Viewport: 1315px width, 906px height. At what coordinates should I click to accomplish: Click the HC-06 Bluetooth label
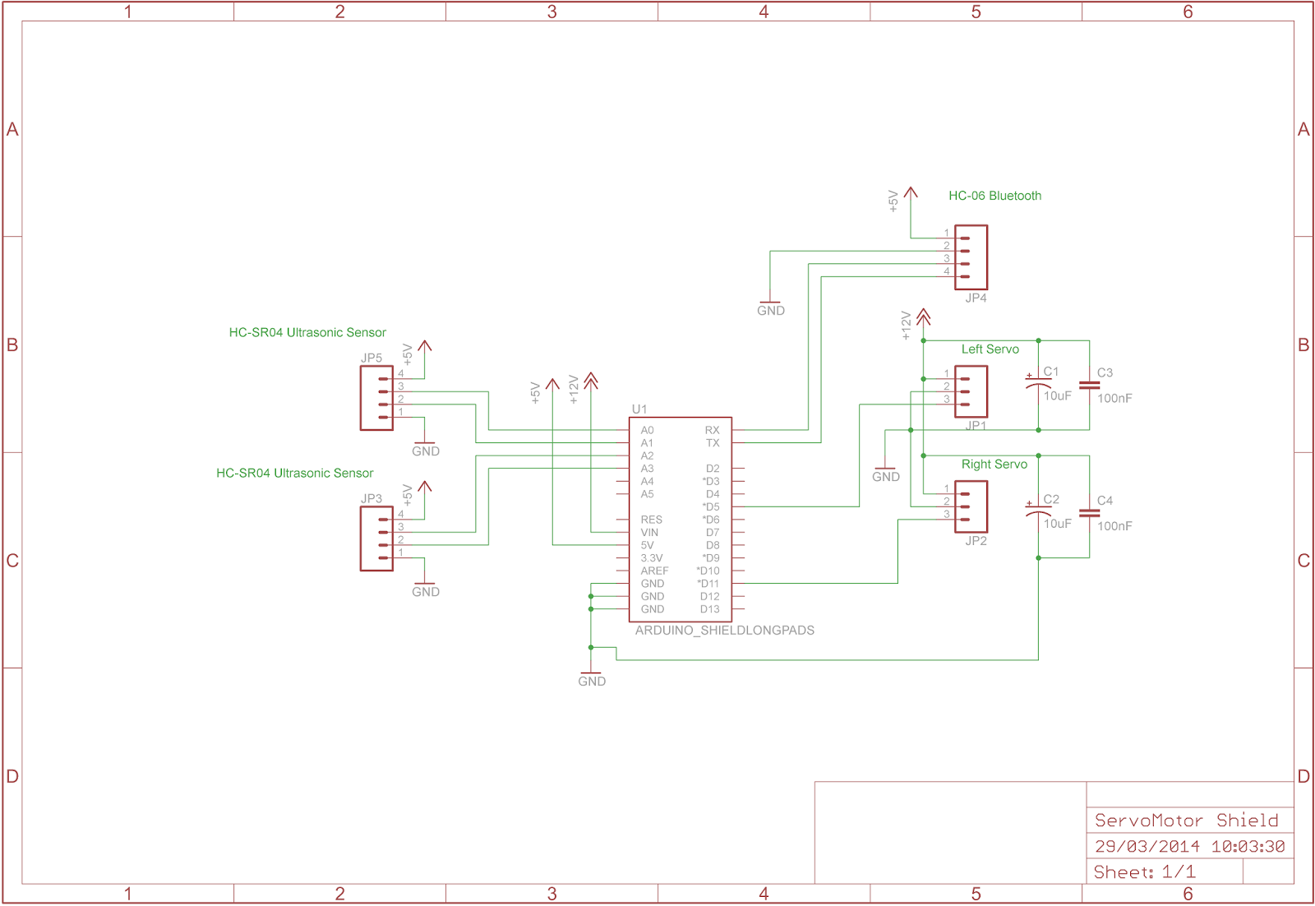click(x=994, y=196)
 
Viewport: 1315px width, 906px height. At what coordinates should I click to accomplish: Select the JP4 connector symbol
click(x=971, y=257)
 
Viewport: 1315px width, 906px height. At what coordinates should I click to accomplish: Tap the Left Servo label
click(x=990, y=349)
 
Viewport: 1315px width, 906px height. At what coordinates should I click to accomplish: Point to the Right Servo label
click(x=994, y=465)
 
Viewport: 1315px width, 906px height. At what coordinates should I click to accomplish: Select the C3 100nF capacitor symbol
click(x=1089, y=385)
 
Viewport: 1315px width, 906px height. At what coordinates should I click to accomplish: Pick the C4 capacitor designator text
click(x=1105, y=500)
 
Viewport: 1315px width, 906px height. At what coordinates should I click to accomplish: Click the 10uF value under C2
click(x=1057, y=524)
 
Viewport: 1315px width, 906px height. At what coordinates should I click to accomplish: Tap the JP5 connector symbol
click(x=376, y=398)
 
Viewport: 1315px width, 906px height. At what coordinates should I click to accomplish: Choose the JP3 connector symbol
click(x=376, y=539)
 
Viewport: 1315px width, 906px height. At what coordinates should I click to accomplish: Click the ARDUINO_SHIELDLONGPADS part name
click(x=724, y=631)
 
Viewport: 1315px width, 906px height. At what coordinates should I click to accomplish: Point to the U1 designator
click(x=639, y=409)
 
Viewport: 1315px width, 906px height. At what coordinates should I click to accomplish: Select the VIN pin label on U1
click(x=649, y=533)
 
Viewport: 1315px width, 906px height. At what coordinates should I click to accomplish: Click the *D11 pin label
click(x=708, y=584)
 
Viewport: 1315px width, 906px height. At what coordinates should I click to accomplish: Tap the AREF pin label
click(x=654, y=571)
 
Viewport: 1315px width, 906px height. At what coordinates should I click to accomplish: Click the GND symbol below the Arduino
click(x=591, y=677)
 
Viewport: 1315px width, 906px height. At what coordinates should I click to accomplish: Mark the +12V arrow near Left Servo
click(x=923, y=317)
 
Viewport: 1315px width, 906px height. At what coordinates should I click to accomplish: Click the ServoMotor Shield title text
click(x=1186, y=820)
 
